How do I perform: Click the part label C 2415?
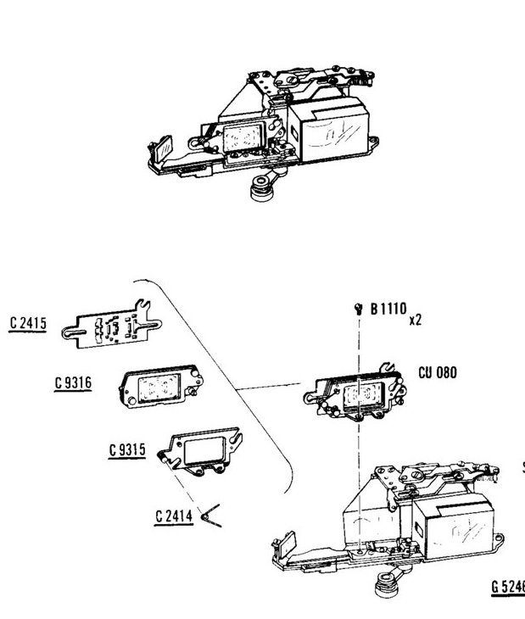[28, 323]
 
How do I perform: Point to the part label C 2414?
[173, 515]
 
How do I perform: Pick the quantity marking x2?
[416, 321]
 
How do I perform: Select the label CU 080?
[438, 372]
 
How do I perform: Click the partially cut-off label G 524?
[507, 586]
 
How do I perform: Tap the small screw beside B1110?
[359, 309]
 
